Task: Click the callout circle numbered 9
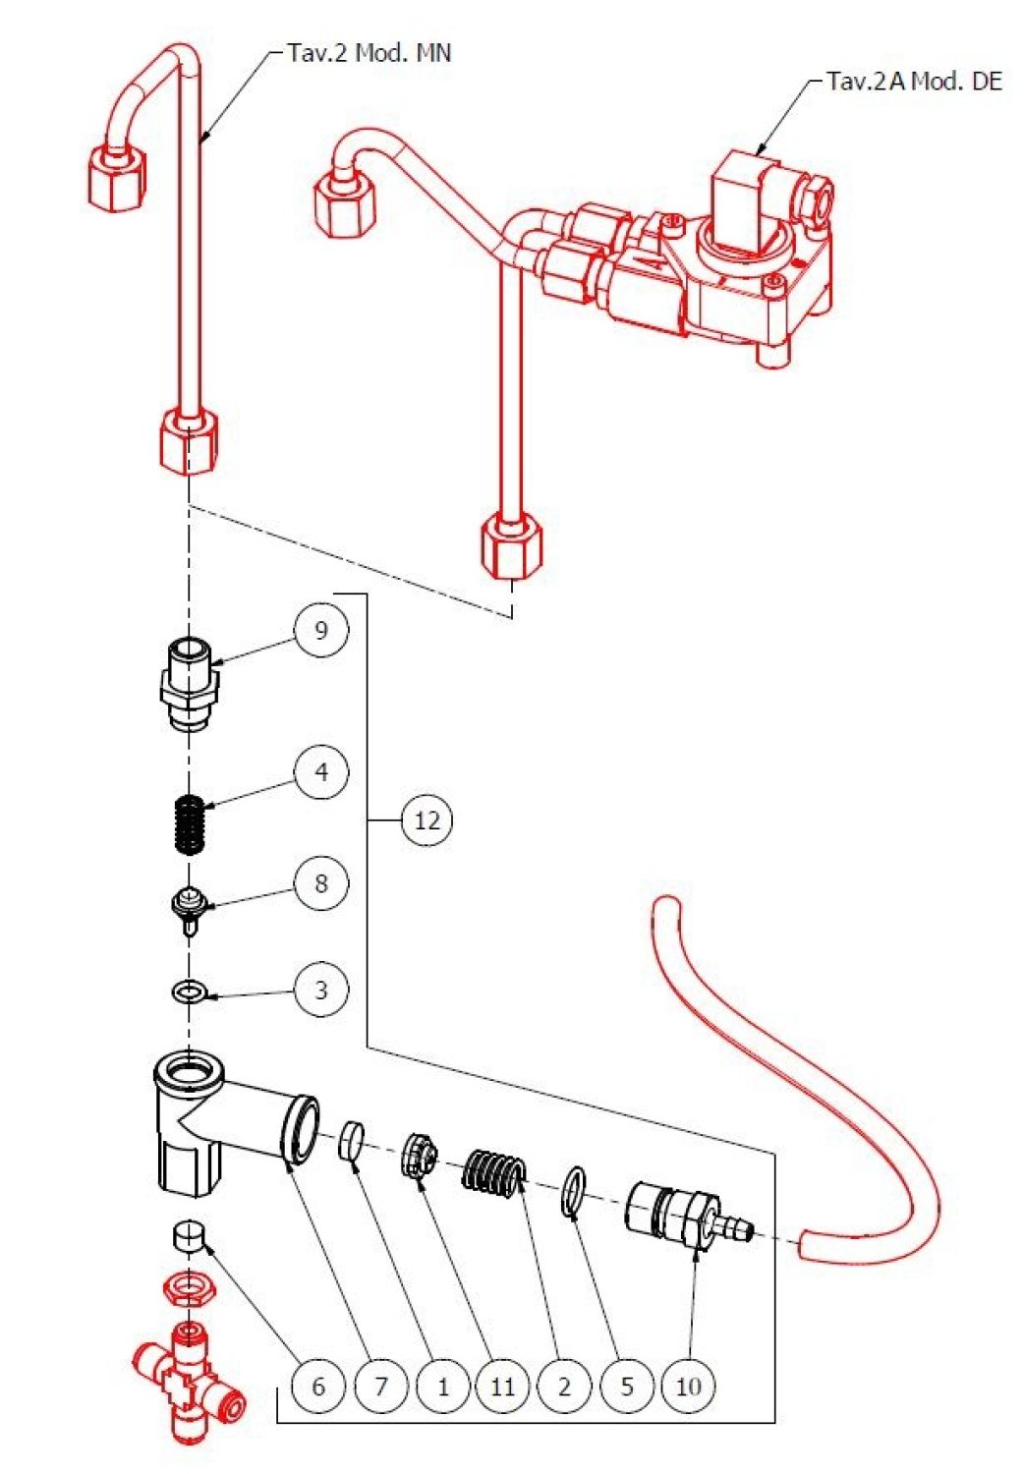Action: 321,630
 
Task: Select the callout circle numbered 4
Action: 321,773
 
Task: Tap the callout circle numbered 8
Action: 321,883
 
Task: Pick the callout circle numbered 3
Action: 321,990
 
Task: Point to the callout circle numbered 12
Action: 427,820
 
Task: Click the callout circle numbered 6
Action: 317,1387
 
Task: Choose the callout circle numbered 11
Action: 502,1387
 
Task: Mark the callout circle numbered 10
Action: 689,1387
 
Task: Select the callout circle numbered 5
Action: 627,1387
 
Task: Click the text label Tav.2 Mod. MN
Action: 369,53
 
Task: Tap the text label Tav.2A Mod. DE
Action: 914,82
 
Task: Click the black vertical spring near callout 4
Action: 191,825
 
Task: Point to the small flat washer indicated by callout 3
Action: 188,992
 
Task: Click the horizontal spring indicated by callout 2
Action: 494,1171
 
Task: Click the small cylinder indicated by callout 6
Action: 187,1235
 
